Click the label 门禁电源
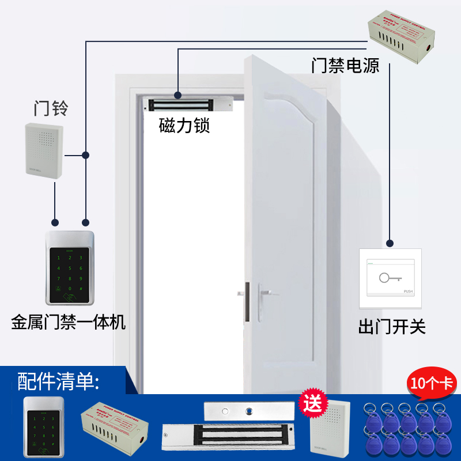[346, 66]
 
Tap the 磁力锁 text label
[184, 126]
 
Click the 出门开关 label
[392, 328]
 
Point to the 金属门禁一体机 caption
[68, 322]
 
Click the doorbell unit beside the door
[44, 149]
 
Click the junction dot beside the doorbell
[85, 155]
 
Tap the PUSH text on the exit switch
[409, 292]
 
